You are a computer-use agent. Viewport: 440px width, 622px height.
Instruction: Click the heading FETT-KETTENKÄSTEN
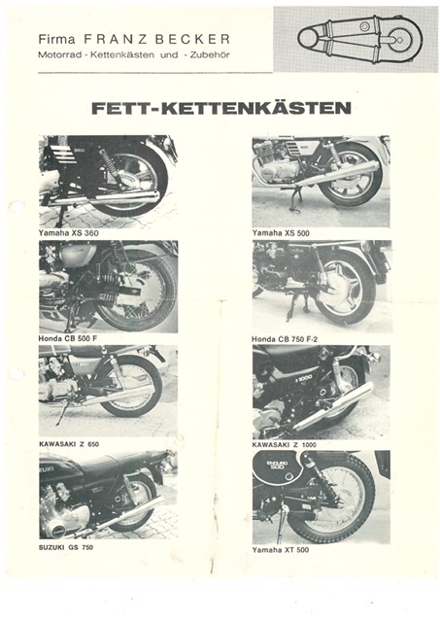pos(221,108)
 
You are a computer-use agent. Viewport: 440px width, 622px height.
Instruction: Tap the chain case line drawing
pos(360,38)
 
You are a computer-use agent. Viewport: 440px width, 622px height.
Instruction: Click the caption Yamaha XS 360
pos(68,233)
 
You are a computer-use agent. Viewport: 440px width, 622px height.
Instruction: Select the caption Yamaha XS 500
pos(281,233)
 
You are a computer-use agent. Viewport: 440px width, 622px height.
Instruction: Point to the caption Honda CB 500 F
pos(68,338)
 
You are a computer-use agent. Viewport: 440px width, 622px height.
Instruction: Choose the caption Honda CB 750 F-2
pos(285,339)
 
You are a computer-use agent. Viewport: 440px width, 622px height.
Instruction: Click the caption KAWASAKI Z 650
pos(69,444)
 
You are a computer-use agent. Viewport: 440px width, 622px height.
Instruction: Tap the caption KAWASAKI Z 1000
pos(285,445)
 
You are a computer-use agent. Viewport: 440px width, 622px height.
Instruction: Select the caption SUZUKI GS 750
pos(66,547)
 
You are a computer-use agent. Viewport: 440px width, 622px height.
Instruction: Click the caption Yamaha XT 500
pos(281,550)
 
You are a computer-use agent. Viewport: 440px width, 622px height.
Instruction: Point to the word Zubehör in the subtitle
pos(210,55)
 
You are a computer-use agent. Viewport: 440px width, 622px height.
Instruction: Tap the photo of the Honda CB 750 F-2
pos(322,287)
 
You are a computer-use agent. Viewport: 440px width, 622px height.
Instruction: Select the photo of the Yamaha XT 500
pos(322,497)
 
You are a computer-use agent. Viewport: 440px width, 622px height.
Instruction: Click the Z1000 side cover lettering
pos(304,378)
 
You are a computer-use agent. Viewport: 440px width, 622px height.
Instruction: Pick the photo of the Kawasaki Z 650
pos(108,391)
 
